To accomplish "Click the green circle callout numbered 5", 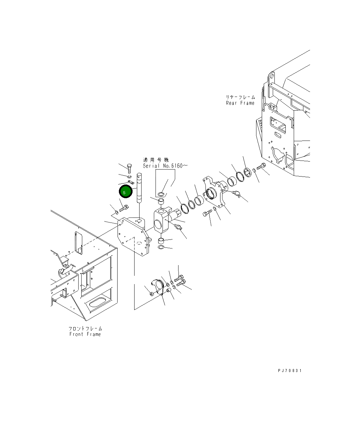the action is pos(126,191).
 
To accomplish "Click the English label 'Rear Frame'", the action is pos(240,103).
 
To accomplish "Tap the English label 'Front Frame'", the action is pos(85,334).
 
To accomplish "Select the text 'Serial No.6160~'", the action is pos(165,166).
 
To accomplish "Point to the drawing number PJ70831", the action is pos(290,371).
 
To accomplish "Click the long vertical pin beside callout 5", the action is pos(139,188).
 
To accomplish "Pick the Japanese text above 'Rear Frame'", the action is pos(240,97).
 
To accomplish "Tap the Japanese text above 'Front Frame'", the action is pos(85,328).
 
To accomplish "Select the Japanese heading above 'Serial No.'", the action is pos(156,160).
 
